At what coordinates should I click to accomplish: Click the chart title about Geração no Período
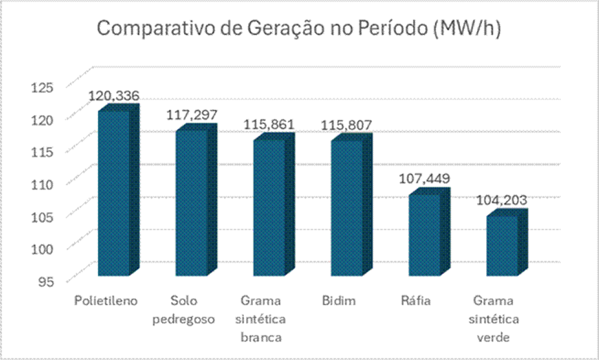[299, 29]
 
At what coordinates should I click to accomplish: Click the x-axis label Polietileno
[106, 301]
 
